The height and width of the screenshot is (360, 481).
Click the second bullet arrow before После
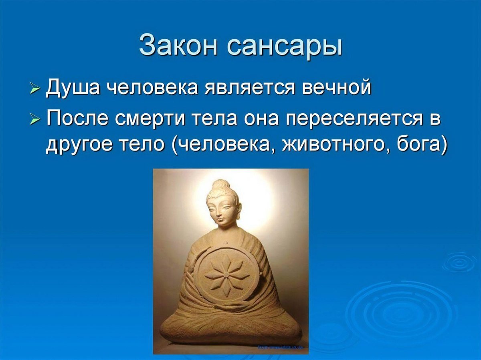tap(35, 119)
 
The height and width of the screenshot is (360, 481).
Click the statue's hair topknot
tap(220, 185)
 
